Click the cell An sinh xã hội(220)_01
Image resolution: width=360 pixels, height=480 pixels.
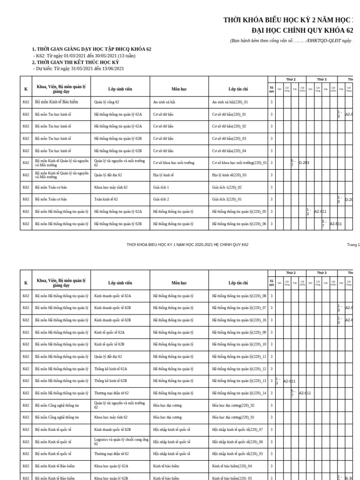click(230, 102)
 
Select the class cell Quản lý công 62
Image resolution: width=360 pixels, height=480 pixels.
click(107, 102)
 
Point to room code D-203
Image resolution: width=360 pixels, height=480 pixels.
click(304, 163)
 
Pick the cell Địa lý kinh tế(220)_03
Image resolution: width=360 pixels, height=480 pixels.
click(229, 175)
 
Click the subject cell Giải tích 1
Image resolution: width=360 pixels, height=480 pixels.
click(161, 187)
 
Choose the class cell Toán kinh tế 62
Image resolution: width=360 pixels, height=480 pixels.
click(106, 199)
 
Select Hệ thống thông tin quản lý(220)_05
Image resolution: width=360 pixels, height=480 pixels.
click(239, 211)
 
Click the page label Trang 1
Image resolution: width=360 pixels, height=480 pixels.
click(353, 245)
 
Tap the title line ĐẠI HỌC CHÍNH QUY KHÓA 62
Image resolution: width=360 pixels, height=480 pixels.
click(302, 30)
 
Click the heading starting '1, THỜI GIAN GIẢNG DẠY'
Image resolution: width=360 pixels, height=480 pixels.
click(91, 49)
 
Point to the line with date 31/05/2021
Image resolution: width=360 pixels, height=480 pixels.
click(79, 68)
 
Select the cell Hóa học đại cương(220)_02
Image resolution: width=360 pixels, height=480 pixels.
click(233, 405)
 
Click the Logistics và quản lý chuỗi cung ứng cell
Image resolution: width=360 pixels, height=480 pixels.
click(121, 442)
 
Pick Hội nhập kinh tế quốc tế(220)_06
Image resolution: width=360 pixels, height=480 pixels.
click(237, 442)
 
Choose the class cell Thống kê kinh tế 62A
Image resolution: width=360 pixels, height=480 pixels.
click(111, 369)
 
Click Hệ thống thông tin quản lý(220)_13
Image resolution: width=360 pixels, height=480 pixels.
click(239, 381)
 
